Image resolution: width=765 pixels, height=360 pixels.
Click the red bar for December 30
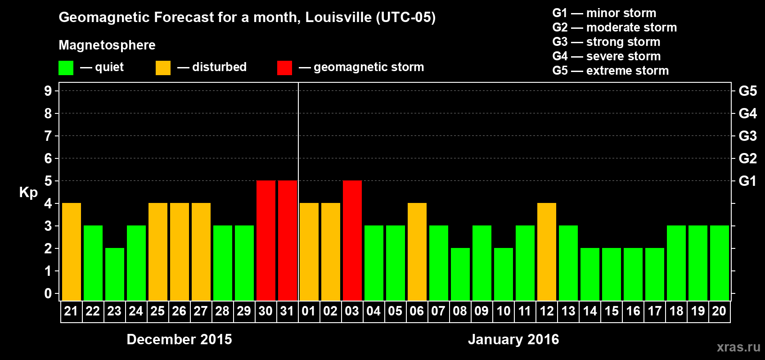tap(266, 240)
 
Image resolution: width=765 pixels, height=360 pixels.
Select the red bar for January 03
tap(352, 240)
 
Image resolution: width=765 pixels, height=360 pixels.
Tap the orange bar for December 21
tap(72, 252)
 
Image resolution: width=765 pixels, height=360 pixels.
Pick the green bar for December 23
tap(115, 274)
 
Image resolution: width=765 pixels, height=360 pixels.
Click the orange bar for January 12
tap(547, 252)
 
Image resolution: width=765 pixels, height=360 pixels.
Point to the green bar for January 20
tap(720, 263)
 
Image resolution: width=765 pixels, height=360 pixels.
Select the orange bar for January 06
tap(417, 252)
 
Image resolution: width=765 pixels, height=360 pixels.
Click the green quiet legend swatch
tap(66, 68)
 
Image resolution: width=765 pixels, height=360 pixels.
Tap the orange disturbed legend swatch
tap(163, 68)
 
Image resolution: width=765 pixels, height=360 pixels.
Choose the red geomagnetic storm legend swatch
tap(285, 68)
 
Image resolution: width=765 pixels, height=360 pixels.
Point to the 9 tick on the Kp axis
tap(48, 91)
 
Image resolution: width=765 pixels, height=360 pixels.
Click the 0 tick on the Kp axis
tap(48, 294)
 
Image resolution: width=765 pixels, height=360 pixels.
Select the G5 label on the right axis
tap(748, 91)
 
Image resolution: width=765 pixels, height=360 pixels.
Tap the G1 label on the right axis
tap(748, 181)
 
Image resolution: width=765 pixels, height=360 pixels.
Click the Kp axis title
tap(28, 193)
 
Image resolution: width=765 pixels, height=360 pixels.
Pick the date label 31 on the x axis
tap(287, 311)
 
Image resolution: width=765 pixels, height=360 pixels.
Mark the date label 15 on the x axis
tap(612, 311)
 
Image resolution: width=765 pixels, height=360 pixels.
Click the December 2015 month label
tap(179, 339)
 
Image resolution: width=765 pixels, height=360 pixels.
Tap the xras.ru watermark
tap(738, 347)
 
